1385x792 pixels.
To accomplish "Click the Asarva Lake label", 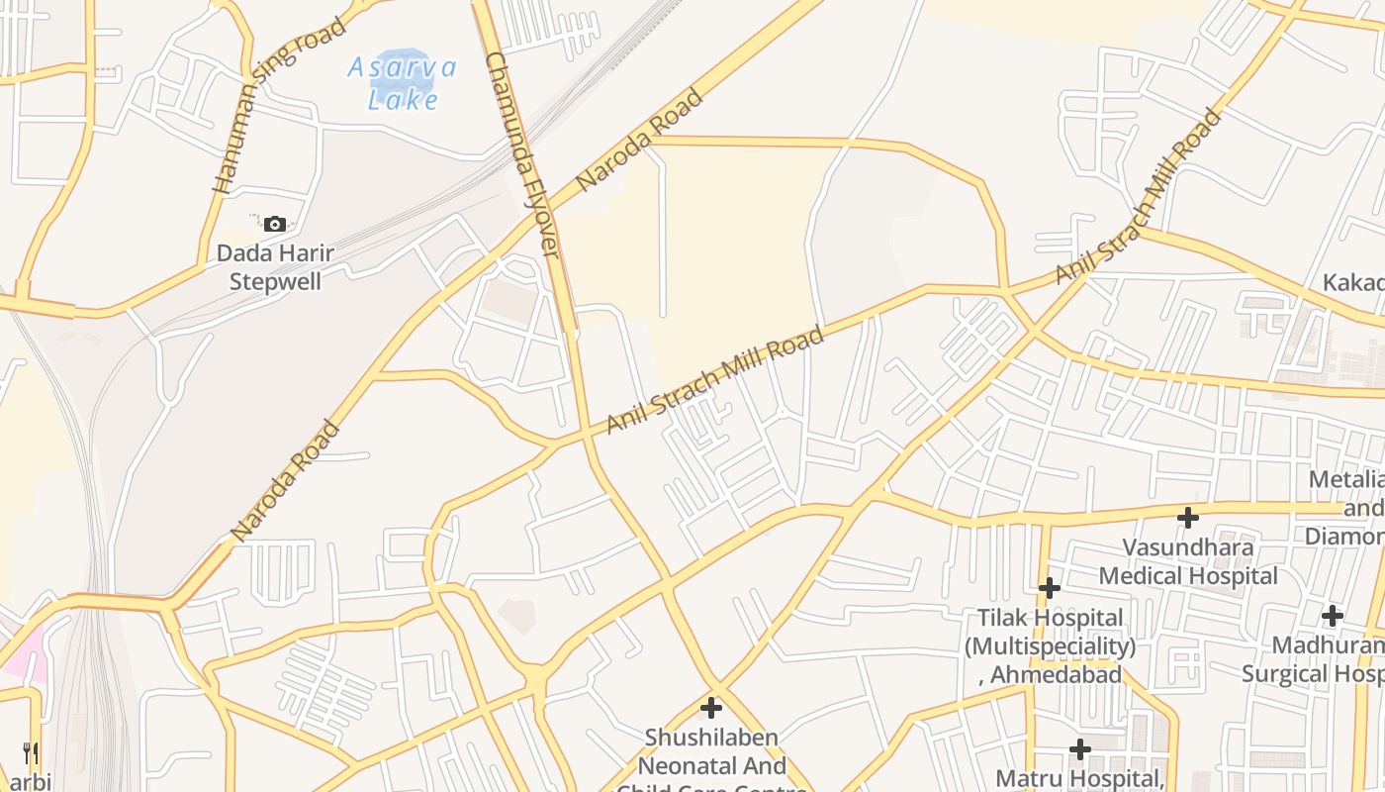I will click(x=402, y=83).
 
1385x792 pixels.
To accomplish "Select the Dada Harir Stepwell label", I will click(x=275, y=267).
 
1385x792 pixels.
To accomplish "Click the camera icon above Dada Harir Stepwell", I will click(x=275, y=225).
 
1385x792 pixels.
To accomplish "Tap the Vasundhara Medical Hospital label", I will click(x=1188, y=561).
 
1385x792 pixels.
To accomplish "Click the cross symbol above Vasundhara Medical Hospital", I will click(x=1188, y=517).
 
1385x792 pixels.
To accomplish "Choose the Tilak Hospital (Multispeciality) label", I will click(x=1050, y=633).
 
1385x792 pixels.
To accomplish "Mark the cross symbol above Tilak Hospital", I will click(x=1050, y=589).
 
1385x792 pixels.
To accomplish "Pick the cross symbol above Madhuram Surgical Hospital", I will click(x=1333, y=616).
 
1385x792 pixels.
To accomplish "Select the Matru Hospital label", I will click(x=1079, y=778).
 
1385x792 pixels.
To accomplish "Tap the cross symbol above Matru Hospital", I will click(x=1080, y=748).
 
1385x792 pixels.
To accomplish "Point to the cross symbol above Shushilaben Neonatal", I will click(x=711, y=708).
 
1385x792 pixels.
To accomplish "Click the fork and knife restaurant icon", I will click(x=30, y=753).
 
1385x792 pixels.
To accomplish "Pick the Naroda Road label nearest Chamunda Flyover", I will click(x=638, y=141).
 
